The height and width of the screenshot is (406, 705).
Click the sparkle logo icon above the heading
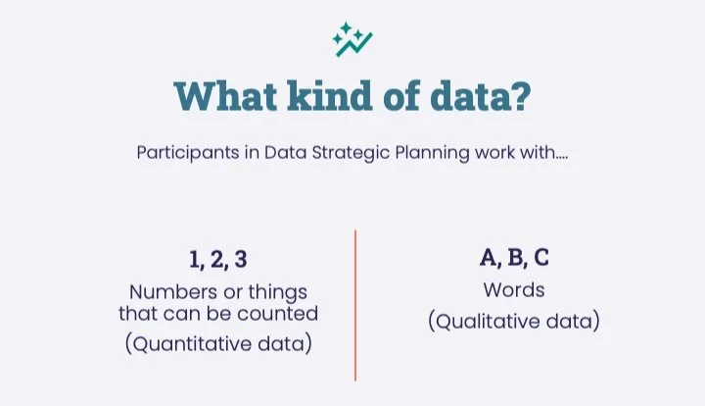(x=352, y=39)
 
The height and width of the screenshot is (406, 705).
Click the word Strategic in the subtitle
(x=327, y=154)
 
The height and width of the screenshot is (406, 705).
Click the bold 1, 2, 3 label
(x=217, y=260)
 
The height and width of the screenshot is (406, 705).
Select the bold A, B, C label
(x=514, y=259)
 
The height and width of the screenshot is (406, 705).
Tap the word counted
(x=283, y=314)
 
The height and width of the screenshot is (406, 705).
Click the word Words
(x=514, y=290)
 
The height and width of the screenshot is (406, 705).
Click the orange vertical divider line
(x=355, y=305)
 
